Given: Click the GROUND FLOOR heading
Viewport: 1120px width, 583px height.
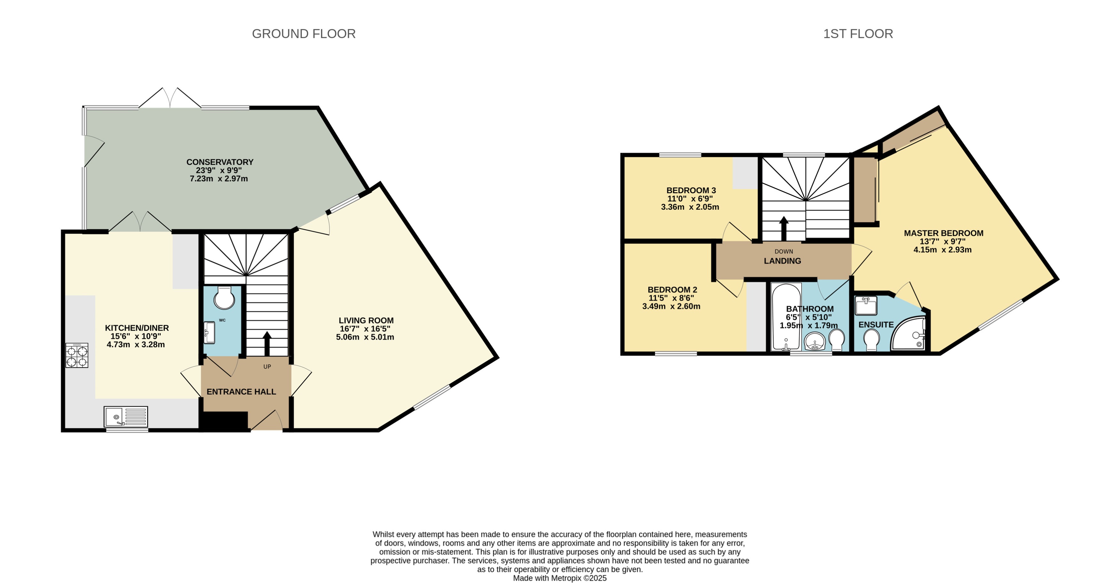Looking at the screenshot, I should click(303, 34).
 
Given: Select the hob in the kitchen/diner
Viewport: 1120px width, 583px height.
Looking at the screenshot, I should click(77, 356).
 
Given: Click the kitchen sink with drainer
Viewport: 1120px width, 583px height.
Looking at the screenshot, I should click(126, 416).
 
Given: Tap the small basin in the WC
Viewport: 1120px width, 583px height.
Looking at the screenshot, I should click(209, 333).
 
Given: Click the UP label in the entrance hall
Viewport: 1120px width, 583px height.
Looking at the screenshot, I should click(267, 366).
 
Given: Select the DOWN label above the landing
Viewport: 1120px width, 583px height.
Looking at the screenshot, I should click(783, 251).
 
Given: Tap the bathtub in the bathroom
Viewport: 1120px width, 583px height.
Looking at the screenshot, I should click(786, 317).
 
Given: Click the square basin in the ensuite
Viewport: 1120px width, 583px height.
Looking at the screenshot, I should click(866, 305).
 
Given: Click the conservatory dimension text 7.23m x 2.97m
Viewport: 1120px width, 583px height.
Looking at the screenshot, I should click(219, 179).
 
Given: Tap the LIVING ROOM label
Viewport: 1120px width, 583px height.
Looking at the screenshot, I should click(366, 320).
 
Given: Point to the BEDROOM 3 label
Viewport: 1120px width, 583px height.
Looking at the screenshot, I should click(691, 190).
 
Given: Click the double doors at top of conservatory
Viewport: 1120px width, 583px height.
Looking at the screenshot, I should click(170, 99).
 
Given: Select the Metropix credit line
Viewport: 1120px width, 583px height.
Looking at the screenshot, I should click(560, 578).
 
